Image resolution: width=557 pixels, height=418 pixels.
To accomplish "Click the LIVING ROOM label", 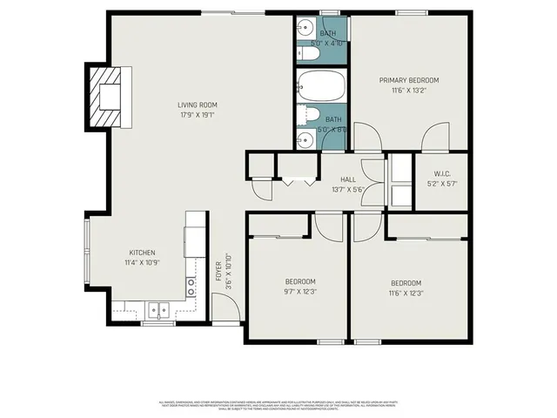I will coord(197,104).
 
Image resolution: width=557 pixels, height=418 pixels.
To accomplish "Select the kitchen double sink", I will coord(158,308).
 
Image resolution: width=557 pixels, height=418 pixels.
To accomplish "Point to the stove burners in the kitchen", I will coord(191,288).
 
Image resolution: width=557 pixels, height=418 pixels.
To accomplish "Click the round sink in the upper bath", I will coord(305,29).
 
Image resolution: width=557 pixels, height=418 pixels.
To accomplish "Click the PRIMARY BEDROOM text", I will coord(408,80).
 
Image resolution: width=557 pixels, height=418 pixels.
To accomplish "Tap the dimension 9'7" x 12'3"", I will coord(300,293).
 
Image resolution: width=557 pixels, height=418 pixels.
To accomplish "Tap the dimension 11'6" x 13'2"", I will coord(408,90).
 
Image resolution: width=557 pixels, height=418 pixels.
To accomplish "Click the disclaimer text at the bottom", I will coord(278,405).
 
